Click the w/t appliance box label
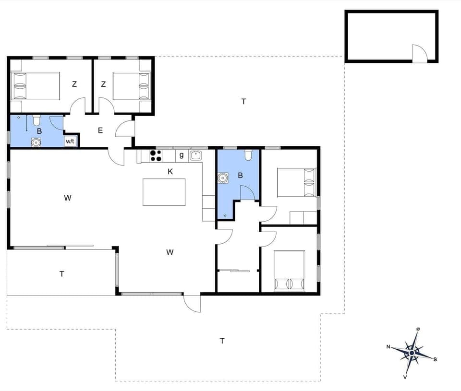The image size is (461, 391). tap(70, 141)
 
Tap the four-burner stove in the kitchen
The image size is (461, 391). tap(156, 155)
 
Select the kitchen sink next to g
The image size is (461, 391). tap(195, 155)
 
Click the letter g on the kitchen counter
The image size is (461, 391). tap(182, 154)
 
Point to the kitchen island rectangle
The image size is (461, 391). tap(164, 192)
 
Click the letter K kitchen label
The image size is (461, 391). tap(170, 171)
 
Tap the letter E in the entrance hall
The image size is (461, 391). tap(100, 130)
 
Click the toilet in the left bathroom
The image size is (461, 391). tap(36, 120)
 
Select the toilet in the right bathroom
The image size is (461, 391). tap(248, 154)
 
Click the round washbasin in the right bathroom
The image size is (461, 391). tap(222, 178)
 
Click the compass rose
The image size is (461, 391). tap(412, 353)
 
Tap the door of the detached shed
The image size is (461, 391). tap(419, 53)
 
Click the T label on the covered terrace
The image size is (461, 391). tap(61, 274)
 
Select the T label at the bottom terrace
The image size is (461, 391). tap(222, 341)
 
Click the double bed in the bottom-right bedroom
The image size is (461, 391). tap(290, 271)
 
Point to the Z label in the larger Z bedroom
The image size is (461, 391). tap(74, 84)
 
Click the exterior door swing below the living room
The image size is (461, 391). tap(192, 303)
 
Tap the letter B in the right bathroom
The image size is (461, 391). tap(240, 176)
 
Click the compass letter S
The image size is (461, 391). tap(435, 359)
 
